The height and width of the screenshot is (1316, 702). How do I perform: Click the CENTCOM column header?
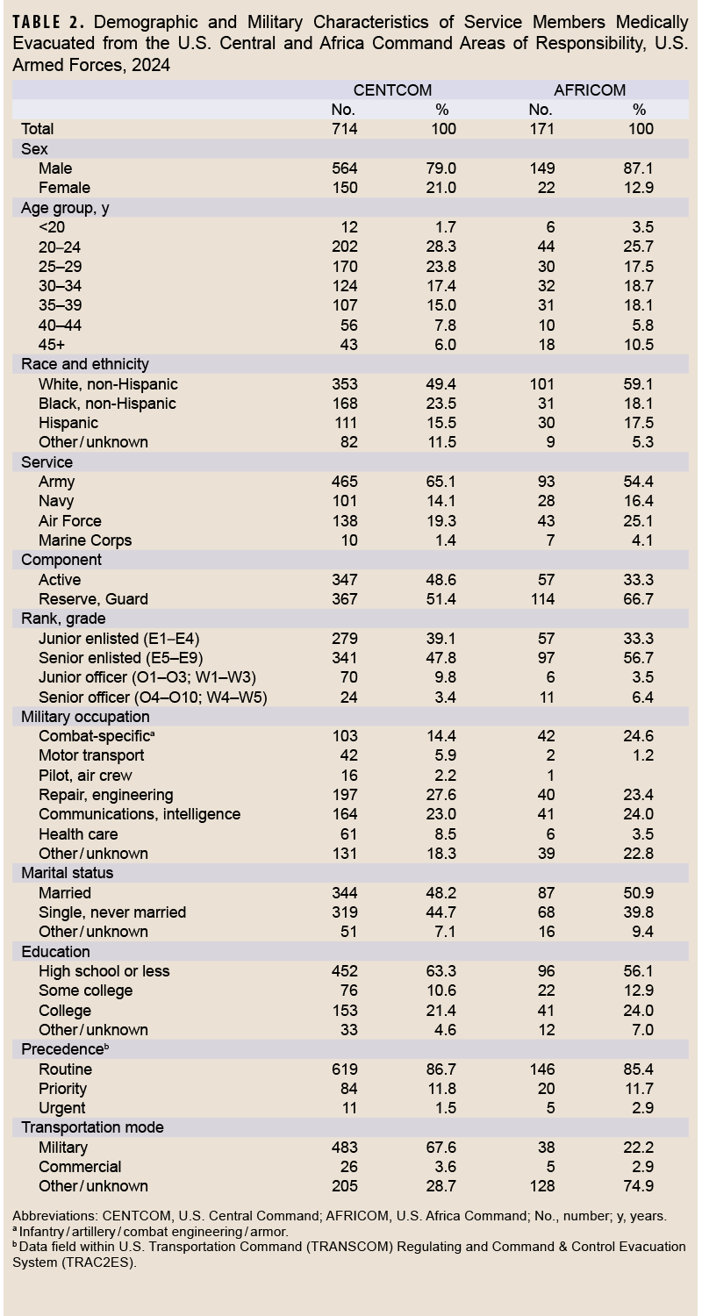392,90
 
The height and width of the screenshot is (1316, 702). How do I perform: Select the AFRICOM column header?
590,90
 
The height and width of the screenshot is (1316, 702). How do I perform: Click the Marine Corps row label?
85,540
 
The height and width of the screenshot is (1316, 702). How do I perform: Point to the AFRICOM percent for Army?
641,482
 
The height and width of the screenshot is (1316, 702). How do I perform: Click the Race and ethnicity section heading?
85,364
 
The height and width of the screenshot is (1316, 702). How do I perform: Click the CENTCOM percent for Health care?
443,834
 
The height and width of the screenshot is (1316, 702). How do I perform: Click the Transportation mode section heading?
92,1127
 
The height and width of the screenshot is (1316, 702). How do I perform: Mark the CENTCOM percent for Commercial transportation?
443,1167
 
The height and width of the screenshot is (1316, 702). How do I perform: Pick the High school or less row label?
104,971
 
